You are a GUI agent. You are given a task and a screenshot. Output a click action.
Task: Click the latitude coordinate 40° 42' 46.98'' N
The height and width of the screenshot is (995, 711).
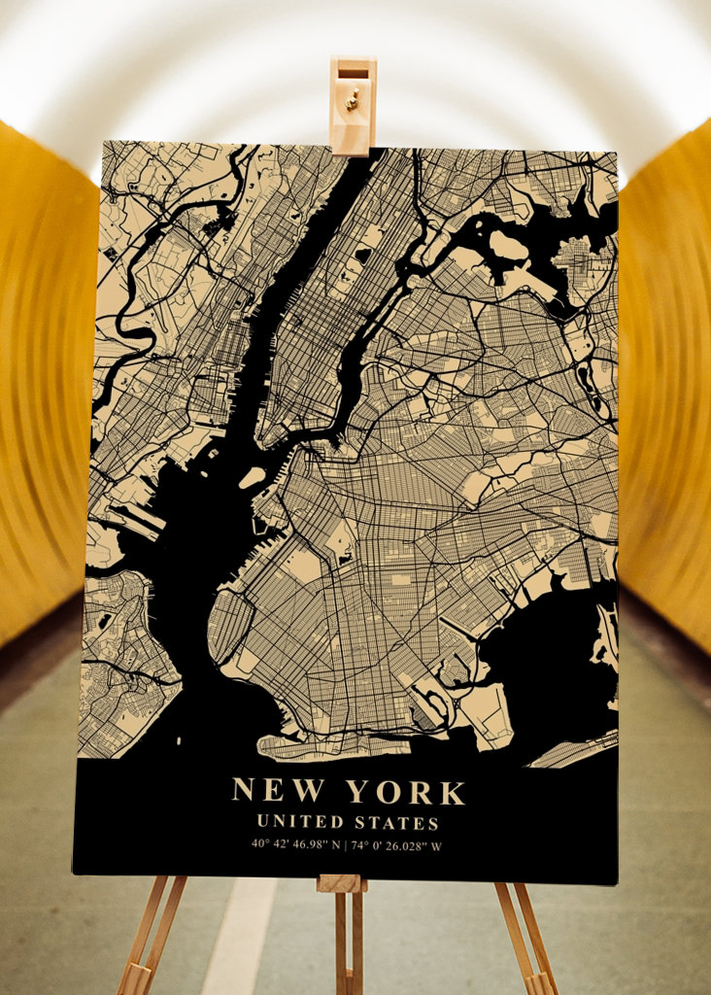[296, 844]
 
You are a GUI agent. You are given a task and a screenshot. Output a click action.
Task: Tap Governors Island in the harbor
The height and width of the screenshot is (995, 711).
[252, 477]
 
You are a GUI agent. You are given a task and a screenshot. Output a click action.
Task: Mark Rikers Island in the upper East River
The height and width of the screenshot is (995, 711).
[508, 246]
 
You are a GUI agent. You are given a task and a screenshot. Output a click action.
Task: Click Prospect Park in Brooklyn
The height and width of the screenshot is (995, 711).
[342, 540]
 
